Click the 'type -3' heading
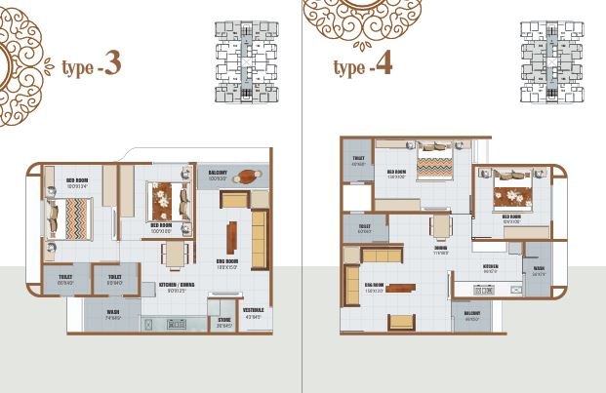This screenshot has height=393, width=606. tap(93, 65)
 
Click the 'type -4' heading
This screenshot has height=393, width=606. tap(364, 65)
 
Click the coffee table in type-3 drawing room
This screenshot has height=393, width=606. tap(232, 238)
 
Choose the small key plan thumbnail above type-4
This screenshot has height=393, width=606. tap(550, 60)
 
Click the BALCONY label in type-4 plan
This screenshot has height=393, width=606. tap(473, 316)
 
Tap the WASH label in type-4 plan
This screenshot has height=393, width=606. tap(540, 273)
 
